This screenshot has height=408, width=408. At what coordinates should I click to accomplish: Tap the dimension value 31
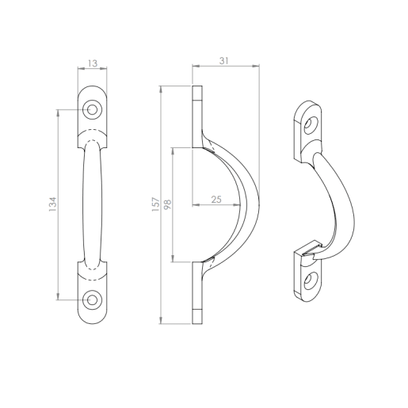pos(226,60)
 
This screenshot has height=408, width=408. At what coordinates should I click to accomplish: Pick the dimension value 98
pos(167,204)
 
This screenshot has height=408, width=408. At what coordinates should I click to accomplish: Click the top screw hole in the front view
pos(93,109)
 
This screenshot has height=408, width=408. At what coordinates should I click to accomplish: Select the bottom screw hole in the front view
pos(93,299)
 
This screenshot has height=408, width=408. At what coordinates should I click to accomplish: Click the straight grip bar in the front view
pos(93,204)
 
